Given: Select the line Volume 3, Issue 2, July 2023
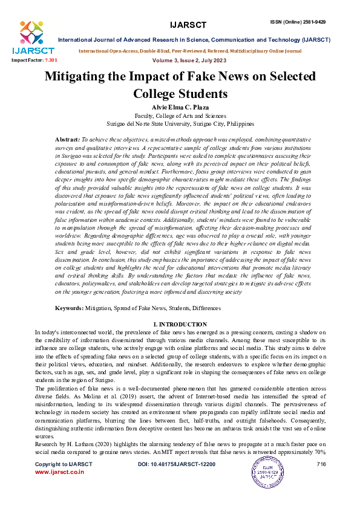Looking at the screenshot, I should (x=180, y=60).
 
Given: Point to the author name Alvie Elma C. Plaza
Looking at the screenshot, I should (x=180, y=106).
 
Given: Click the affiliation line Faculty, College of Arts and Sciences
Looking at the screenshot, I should (x=180, y=114).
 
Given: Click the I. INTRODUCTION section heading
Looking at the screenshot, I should (x=180, y=325).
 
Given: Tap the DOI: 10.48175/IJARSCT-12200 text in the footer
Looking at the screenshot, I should (x=177, y=464).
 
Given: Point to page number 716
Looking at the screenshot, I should (x=321, y=464).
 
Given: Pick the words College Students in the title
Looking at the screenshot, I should (x=180, y=94).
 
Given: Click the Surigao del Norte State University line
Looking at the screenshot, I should (x=180, y=123).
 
